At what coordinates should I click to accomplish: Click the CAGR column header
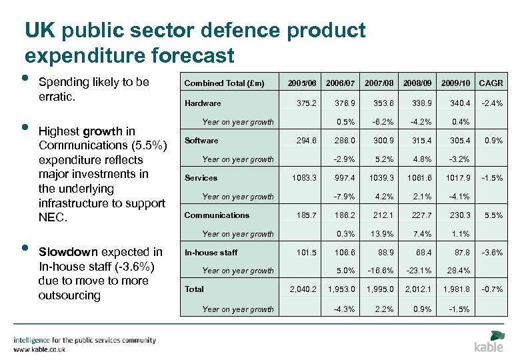click(x=491, y=83)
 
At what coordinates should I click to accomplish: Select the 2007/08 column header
click(x=379, y=83)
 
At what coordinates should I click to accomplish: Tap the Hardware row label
click(x=202, y=103)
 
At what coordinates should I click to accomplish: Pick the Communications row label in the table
click(x=217, y=215)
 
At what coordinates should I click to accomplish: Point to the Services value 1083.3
click(x=303, y=178)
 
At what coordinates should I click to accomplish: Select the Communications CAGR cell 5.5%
click(x=494, y=215)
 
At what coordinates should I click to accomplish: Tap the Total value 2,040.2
click(x=302, y=289)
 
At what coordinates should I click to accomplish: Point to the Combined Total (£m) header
click(x=224, y=83)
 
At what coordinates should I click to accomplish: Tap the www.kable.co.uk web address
click(x=41, y=349)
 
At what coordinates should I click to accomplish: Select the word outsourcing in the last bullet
click(x=70, y=295)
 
